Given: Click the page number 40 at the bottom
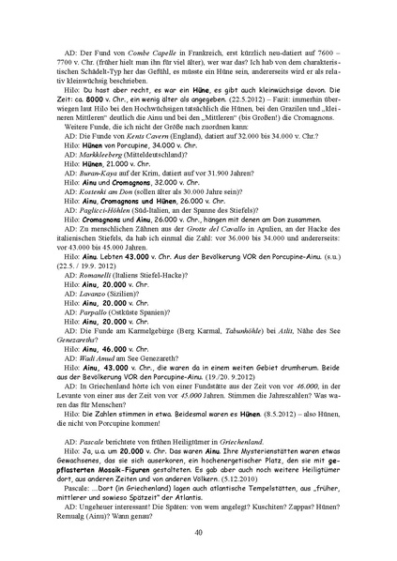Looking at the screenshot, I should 198,532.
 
